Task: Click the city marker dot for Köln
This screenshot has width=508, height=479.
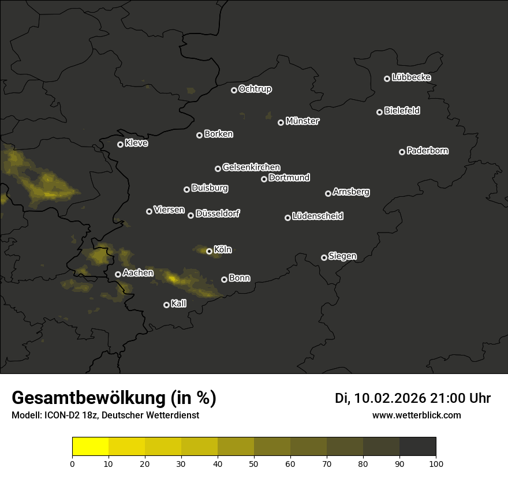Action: click(x=209, y=251)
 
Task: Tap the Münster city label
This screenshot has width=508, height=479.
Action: click(x=302, y=121)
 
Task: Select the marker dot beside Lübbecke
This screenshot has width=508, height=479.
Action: click(x=387, y=78)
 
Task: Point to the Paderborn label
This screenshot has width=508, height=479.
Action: click(x=427, y=151)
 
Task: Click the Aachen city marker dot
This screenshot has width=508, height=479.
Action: click(x=118, y=274)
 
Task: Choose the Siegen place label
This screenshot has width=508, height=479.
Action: click(x=342, y=256)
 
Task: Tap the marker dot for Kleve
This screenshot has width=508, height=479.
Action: click(x=120, y=144)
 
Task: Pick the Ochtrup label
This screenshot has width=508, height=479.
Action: click(x=255, y=89)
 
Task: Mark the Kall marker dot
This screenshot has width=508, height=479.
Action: click(x=166, y=305)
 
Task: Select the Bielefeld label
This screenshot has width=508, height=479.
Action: click(x=402, y=111)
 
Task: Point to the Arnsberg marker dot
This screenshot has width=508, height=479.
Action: click(x=328, y=193)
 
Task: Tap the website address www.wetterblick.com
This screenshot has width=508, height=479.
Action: click(x=417, y=415)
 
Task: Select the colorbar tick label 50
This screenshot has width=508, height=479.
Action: click(x=254, y=463)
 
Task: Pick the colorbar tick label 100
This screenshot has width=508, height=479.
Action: click(x=436, y=463)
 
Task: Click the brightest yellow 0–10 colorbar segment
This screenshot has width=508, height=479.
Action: click(x=91, y=447)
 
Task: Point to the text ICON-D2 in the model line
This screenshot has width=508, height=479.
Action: click(x=60, y=415)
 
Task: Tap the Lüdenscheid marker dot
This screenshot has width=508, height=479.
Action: click(x=287, y=218)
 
